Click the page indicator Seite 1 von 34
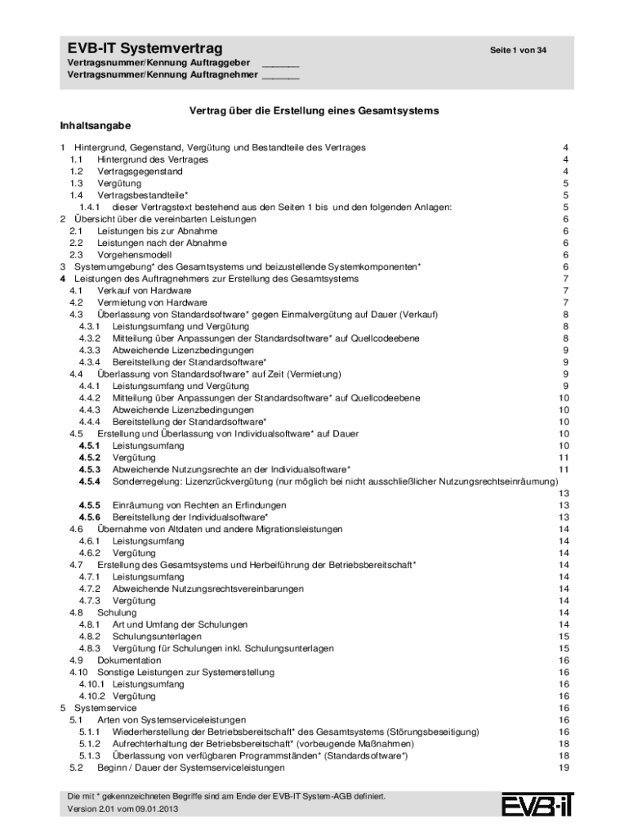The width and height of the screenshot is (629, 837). tap(518, 51)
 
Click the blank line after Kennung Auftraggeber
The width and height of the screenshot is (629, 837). tap(280, 65)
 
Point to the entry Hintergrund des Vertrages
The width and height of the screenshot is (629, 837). tap(153, 159)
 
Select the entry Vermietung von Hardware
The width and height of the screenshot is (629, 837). tap(153, 302)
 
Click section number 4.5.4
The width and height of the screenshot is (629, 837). tap(90, 481)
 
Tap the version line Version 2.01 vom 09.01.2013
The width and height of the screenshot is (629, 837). tap(123, 809)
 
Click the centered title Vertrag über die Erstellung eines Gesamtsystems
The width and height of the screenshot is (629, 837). tap(314, 110)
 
